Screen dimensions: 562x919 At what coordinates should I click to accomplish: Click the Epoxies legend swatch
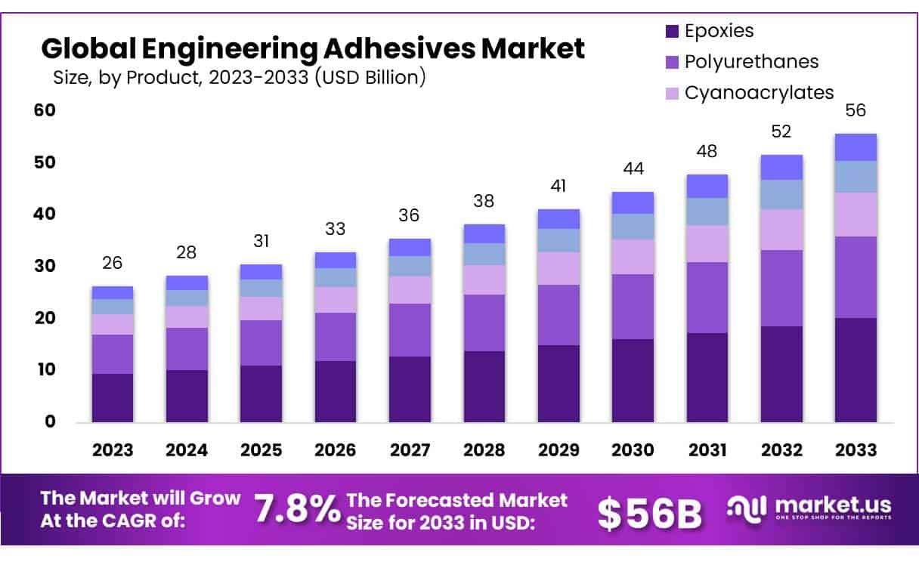tap(671, 32)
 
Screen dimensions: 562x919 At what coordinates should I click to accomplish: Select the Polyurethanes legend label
tap(750, 62)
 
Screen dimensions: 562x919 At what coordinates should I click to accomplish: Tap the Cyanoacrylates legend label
tap(759, 92)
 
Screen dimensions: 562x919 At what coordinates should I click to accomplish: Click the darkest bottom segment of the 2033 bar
tap(856, 369)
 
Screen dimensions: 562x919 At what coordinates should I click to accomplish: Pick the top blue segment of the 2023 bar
tap(113, 292)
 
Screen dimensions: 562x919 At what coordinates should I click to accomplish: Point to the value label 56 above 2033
tap(856, 111)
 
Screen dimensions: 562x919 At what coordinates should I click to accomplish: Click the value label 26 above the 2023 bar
tap(113, 264)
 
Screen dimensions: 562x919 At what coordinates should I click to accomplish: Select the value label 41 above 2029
tap(559, 186)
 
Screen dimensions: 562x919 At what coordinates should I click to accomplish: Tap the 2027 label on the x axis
tap(410, 450)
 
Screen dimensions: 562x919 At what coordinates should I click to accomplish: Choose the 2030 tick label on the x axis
tap(633, 450)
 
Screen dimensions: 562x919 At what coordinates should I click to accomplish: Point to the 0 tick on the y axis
tap(51, 421)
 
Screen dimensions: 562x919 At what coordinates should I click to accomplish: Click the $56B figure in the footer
tap(649, 513)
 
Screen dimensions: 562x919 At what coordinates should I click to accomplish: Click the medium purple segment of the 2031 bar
tap(707, 298)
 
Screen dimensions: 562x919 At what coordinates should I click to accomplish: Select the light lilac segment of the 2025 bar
tap(261, 308)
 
